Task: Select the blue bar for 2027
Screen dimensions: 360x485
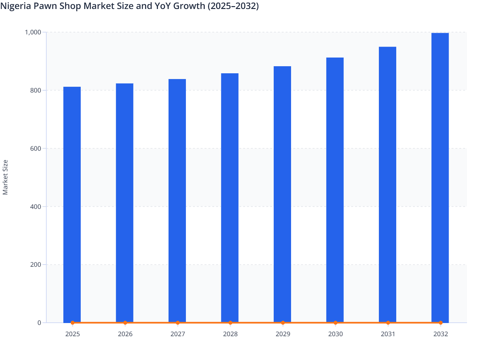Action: (177, 201)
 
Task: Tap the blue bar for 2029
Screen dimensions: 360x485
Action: (282, 194)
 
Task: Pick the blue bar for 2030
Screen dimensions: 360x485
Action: (335, 190)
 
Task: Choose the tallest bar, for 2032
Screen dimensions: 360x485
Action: (440, 177)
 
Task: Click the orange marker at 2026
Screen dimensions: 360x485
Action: (125, 323)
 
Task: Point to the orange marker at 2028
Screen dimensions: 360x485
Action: (230, 323)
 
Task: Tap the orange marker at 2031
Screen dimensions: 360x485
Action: (388, 323)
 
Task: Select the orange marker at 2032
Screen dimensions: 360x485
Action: (441, 323)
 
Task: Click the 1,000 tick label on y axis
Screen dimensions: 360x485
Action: (33, 32)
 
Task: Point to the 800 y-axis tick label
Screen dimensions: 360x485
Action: (35, 90)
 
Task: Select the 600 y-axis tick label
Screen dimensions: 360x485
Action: (35, 148)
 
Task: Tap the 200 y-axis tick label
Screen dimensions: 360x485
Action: (35, 265)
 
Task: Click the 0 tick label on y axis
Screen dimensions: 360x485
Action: (39, 323)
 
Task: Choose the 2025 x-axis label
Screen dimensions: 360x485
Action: (72, 334)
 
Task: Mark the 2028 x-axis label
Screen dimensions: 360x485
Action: (230, 334)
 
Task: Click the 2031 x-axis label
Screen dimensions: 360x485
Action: (388, 334)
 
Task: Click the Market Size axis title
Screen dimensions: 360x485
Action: (5, 177)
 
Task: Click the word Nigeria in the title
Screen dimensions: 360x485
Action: (15, 6)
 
